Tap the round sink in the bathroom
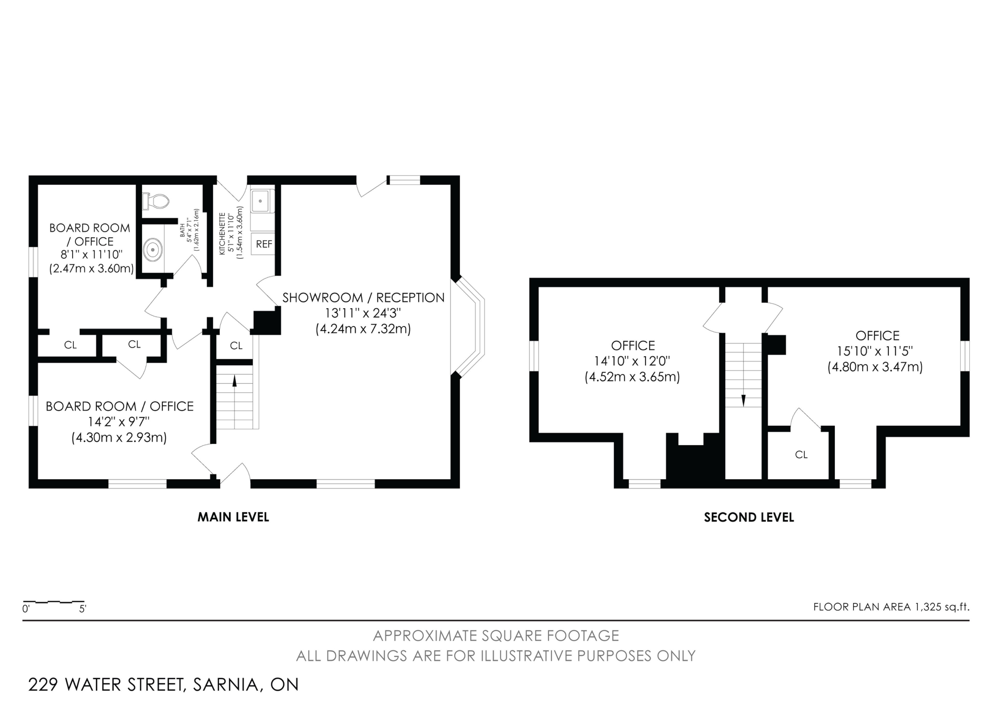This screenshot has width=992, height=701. (x=153, y=250)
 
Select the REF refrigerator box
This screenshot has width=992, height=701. (x=263, y=244)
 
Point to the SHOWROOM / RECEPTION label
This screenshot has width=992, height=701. (x=363, y=298)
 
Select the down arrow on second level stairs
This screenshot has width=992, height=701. (x=743, y=400)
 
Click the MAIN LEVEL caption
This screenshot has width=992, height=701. (x=233, y=517)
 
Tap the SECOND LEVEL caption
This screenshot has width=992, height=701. (x=749, y=517)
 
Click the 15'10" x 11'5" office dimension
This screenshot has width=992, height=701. (x=875, y=351)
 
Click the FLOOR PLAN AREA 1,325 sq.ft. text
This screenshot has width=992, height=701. (x=891, y=607)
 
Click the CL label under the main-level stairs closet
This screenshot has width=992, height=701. (x=236, y=346)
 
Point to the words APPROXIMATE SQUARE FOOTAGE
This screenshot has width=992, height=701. (x=496, y=636)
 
